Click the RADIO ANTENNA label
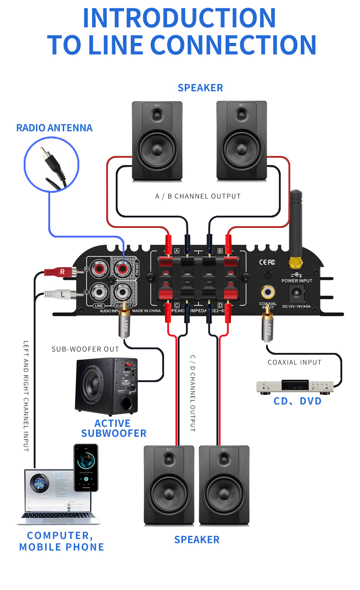coord(54,128)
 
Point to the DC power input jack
coord(297,292)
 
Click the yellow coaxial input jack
coord(267,292)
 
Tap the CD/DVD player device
coord(295,387)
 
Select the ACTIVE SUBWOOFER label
coord(113,428)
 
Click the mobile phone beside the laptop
coord(86,468)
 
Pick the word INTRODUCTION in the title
coord(180,17)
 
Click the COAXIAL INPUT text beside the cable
coord(294,362)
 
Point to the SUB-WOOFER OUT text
coord(85,349)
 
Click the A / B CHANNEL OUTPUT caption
coord(198,197)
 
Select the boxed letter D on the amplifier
coord(220,305)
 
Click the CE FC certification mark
coord(267,262)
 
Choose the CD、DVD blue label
coord(298,401)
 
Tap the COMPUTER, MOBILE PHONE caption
coord(62,541)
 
